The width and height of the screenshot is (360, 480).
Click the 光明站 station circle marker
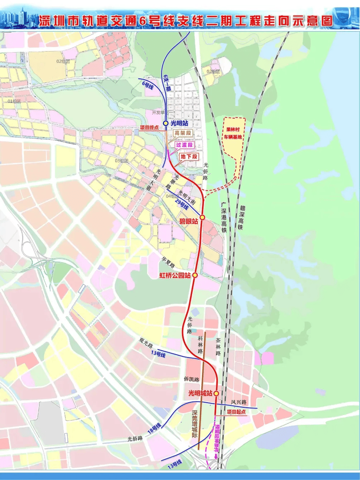pyautogui.click(x=165, y=123)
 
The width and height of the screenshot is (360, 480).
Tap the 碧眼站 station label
pyautogui.click(x=188, y=221)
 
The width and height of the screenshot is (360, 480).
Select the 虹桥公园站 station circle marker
pyautogui.click(x=195, y=275)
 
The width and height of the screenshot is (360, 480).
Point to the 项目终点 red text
pyautogui.click(x=149, y=128)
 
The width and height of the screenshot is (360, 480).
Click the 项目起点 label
pyautogui.click(x=236, y=412)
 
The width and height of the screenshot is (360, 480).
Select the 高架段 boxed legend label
pyautogui.click(x=183, y=133)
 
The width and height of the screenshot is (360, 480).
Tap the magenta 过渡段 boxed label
pyautogui.click(x=184, y=145)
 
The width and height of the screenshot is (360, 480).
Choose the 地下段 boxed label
pyautogui.click(x=189, y=157)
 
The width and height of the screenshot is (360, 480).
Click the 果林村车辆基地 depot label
pyautogui.click(x=233, y=133)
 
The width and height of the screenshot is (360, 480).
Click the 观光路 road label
pyautogui.click(x=146, y=344)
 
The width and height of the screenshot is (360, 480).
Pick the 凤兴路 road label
pyautogui.click(x=239, y=402)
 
